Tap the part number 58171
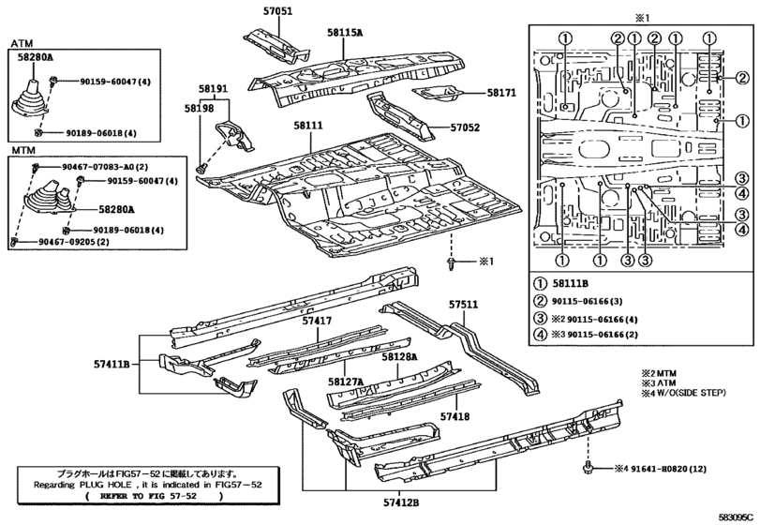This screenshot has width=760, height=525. pyautogui.click(x=500, y=93)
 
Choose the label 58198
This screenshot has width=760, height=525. pyautogui.click(x=199, y=109)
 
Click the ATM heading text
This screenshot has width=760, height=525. pyautogui.click(x=22, y=43)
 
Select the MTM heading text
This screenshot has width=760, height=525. pyautogui.click(x=23, y=149)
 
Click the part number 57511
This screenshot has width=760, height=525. pyautogui.click(x=462, y=304)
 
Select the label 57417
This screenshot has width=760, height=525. pyautogui.click(x=317, y=321)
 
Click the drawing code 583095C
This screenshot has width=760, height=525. pyautogui.click(x=736, y=517)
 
